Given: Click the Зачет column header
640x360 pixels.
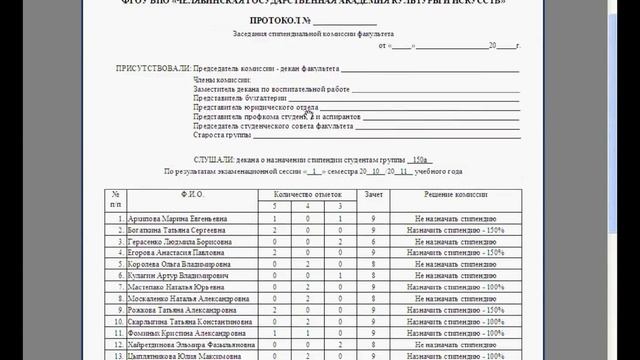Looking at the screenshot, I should pos(373,194).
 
